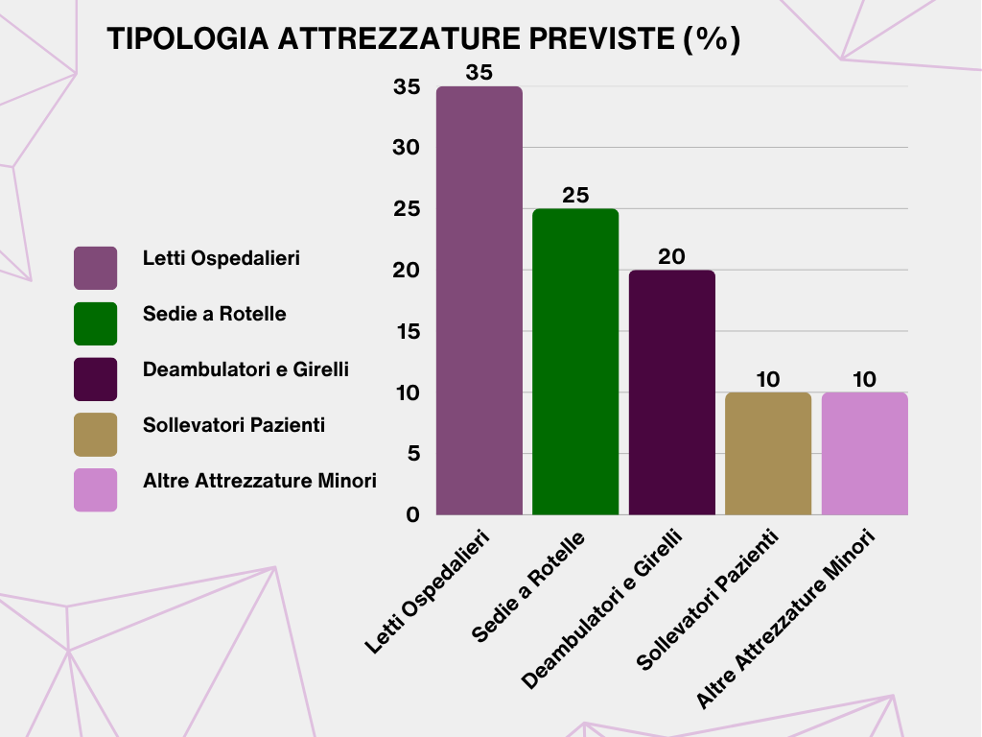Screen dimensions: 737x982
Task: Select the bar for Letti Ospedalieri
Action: [479, 300]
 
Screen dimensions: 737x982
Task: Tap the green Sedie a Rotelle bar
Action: [575, 362]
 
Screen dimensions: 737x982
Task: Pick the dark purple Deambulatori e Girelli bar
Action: [672, 392]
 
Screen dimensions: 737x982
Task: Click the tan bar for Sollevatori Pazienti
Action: [768, 454]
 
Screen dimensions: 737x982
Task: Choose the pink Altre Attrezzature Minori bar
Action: [865, 454]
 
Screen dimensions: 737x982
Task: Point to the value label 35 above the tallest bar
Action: [479, 72]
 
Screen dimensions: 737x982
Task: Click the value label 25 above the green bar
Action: [575, 195]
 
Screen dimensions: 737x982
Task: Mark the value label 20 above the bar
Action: [672, 256]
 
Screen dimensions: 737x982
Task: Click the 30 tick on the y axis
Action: [407, 148]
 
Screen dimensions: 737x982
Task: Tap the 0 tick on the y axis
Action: [412, 515]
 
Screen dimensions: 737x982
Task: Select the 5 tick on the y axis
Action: [412, 454]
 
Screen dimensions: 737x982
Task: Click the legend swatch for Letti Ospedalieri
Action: [96, 268]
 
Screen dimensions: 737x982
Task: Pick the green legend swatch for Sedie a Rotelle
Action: [96, 323]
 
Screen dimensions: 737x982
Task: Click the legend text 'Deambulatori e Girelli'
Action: [245, 369]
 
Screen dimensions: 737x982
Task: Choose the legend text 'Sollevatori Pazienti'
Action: [234, 424]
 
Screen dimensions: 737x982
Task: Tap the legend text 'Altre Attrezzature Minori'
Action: [259, 481]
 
